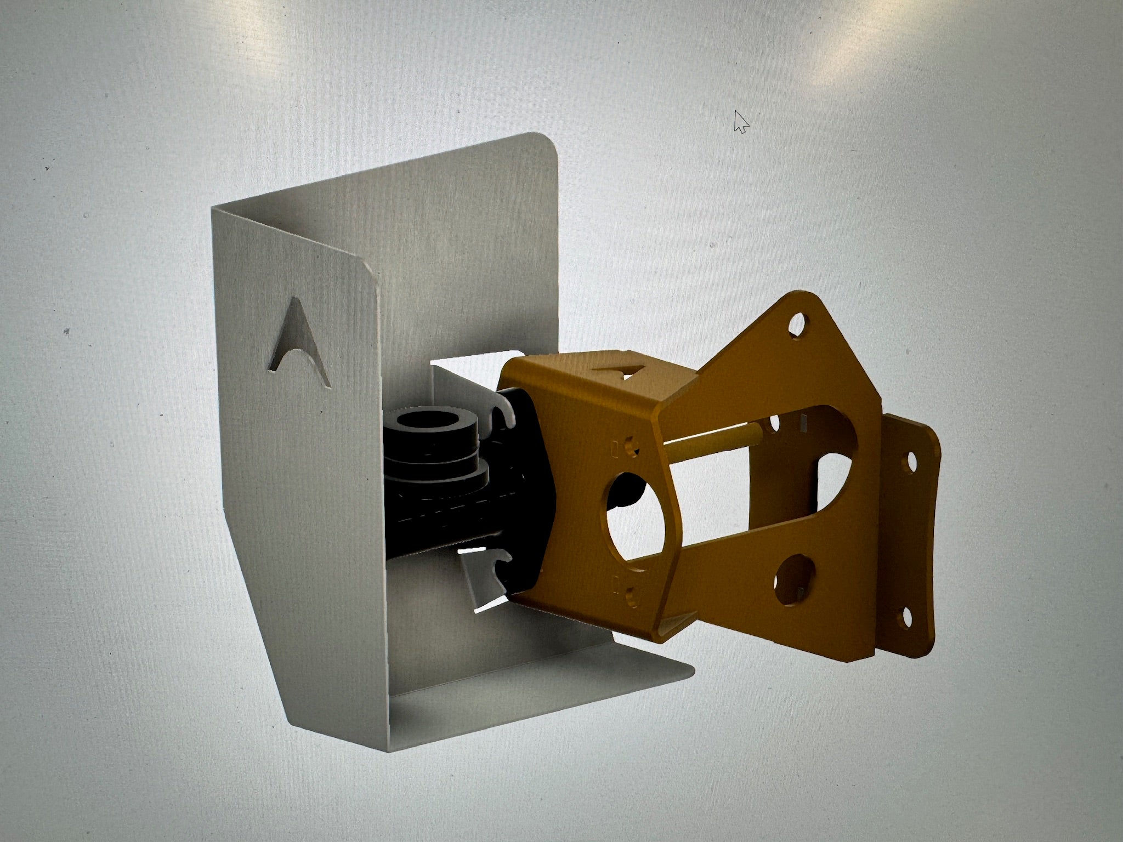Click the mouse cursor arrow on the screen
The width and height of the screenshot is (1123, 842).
coord(740,121)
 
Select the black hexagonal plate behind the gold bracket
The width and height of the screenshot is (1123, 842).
coord(526,493)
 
